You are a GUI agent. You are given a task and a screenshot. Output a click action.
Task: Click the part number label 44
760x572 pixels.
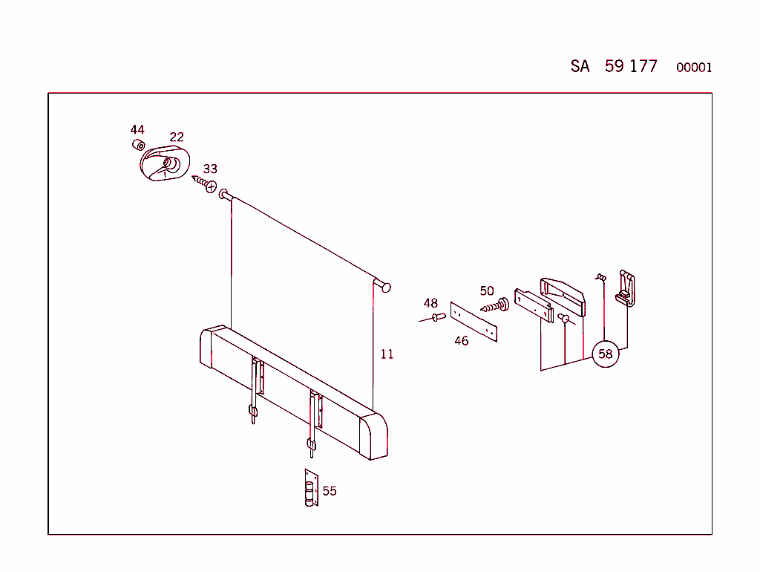137,129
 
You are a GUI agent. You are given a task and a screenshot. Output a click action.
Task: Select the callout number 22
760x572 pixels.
177,137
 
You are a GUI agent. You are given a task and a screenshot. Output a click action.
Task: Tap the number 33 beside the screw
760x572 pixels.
210,169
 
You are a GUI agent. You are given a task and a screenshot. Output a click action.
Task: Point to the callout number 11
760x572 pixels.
387,354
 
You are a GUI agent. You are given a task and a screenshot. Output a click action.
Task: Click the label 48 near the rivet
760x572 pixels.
430,303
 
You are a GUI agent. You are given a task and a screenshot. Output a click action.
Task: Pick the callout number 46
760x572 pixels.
462,341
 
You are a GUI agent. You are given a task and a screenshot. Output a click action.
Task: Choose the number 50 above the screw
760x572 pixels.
486,291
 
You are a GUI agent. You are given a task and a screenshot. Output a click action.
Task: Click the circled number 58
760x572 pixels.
606,354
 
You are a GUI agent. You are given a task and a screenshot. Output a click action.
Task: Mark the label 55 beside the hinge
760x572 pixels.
330,491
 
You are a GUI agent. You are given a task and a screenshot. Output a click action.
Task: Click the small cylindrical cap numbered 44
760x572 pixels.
138,144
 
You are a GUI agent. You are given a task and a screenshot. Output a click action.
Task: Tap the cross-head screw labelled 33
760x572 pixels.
204,182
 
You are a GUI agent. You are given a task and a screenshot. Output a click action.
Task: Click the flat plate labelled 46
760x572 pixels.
474,321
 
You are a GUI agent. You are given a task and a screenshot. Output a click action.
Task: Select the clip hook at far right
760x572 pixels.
625,289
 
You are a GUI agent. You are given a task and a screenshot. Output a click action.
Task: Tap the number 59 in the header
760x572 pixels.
614,66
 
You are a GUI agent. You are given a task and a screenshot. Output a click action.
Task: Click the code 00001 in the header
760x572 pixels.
694,68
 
